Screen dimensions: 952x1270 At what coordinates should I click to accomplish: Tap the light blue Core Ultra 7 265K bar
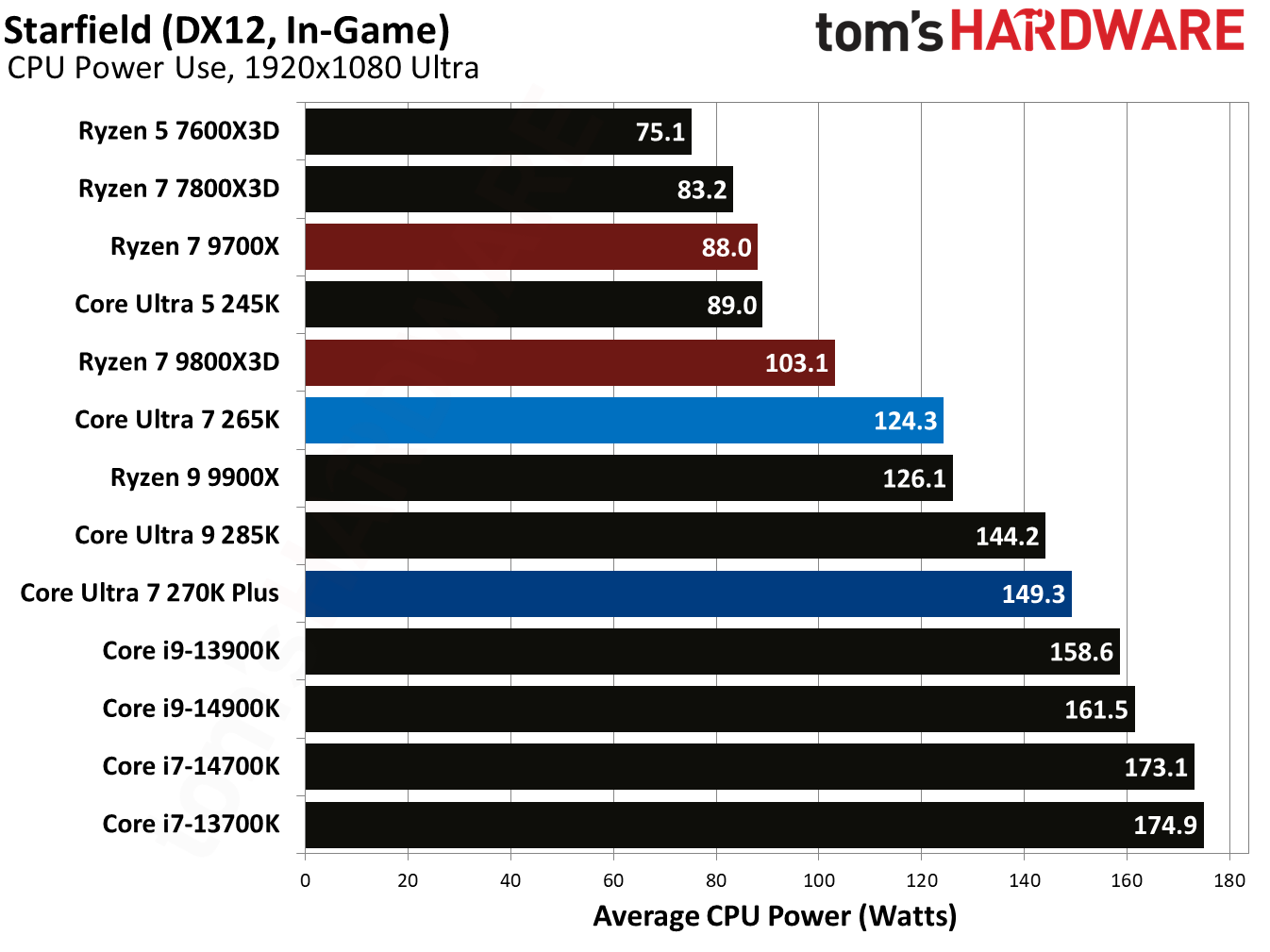[623, 420]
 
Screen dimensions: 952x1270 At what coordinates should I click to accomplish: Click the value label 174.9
[1164, 826]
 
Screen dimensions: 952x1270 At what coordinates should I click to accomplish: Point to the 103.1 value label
[795, 363]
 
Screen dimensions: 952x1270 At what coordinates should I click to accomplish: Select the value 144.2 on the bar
[1006, 537]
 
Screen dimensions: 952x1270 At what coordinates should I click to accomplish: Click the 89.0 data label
[731, 306]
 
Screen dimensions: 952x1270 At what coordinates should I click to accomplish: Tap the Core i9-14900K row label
[191, 709]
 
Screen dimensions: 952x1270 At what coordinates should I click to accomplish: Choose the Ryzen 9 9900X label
[194, 477]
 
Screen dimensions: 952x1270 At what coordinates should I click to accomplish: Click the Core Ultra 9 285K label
[177, 535]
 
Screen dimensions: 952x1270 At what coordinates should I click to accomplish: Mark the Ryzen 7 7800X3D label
[178, 189]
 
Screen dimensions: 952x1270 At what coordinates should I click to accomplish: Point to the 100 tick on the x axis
[818, 880]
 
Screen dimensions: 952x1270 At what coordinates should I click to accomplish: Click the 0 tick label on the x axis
[305, 880]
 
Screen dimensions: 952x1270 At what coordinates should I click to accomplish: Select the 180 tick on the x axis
[1229, 880]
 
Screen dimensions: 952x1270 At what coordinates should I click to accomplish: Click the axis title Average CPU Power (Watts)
[775, 916]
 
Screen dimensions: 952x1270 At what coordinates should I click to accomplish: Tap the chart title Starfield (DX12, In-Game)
[226, 30]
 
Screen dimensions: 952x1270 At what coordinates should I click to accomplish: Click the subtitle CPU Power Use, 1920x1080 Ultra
[243, 68]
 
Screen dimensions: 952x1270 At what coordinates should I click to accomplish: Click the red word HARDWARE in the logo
[1096, 31]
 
